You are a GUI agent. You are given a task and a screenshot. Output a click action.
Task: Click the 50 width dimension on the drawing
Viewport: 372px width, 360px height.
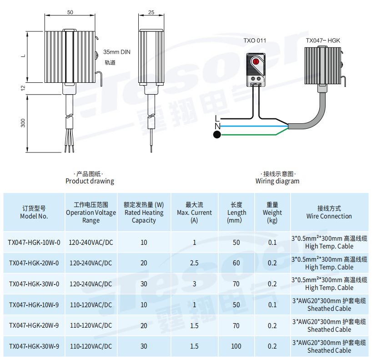tap(70, 12)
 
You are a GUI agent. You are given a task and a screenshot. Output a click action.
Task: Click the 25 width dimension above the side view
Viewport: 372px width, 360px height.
tap(151, 12)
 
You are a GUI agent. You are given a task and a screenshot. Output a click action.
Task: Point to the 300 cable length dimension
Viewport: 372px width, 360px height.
tap(23, 123)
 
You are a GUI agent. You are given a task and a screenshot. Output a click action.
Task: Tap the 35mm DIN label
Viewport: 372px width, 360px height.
tap(117, 52)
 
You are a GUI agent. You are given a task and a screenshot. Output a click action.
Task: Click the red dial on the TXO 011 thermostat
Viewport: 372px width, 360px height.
tap(256, 62)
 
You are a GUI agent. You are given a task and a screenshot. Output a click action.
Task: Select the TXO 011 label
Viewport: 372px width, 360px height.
tap(255, 41)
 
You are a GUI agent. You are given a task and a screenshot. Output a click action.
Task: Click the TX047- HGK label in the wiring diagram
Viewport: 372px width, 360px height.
tap(322, 41)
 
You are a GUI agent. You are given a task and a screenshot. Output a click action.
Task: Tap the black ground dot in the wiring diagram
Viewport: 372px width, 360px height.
tap(217, 135)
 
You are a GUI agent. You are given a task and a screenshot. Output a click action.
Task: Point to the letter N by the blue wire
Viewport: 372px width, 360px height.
tap(217, 127)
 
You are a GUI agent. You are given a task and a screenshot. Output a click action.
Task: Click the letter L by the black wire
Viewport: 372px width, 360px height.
tap(217, 118)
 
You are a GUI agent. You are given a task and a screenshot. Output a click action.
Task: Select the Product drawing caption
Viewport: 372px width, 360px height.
tap(90, 181)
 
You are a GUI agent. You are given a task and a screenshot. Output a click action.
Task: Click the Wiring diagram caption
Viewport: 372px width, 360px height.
tap(277, 181)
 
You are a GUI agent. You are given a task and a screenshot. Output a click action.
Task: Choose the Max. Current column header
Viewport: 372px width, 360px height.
tap(194, 213)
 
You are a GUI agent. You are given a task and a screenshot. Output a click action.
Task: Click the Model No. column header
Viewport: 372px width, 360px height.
tap(34, 212)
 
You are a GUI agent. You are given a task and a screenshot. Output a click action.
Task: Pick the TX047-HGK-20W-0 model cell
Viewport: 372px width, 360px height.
tap(34, 263)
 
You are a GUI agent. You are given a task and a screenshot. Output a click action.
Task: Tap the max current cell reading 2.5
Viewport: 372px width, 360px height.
tap(194, 263)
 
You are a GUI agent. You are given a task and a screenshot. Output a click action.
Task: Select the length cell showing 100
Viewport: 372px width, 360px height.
tap(236, 346)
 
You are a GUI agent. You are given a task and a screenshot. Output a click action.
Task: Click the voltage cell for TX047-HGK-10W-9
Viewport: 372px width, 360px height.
tap(91, 305)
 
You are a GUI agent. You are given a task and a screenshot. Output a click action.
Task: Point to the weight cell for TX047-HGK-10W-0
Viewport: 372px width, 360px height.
tap(272, 243)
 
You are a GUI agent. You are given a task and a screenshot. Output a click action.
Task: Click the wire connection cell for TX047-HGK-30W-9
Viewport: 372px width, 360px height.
tap(329, 346)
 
